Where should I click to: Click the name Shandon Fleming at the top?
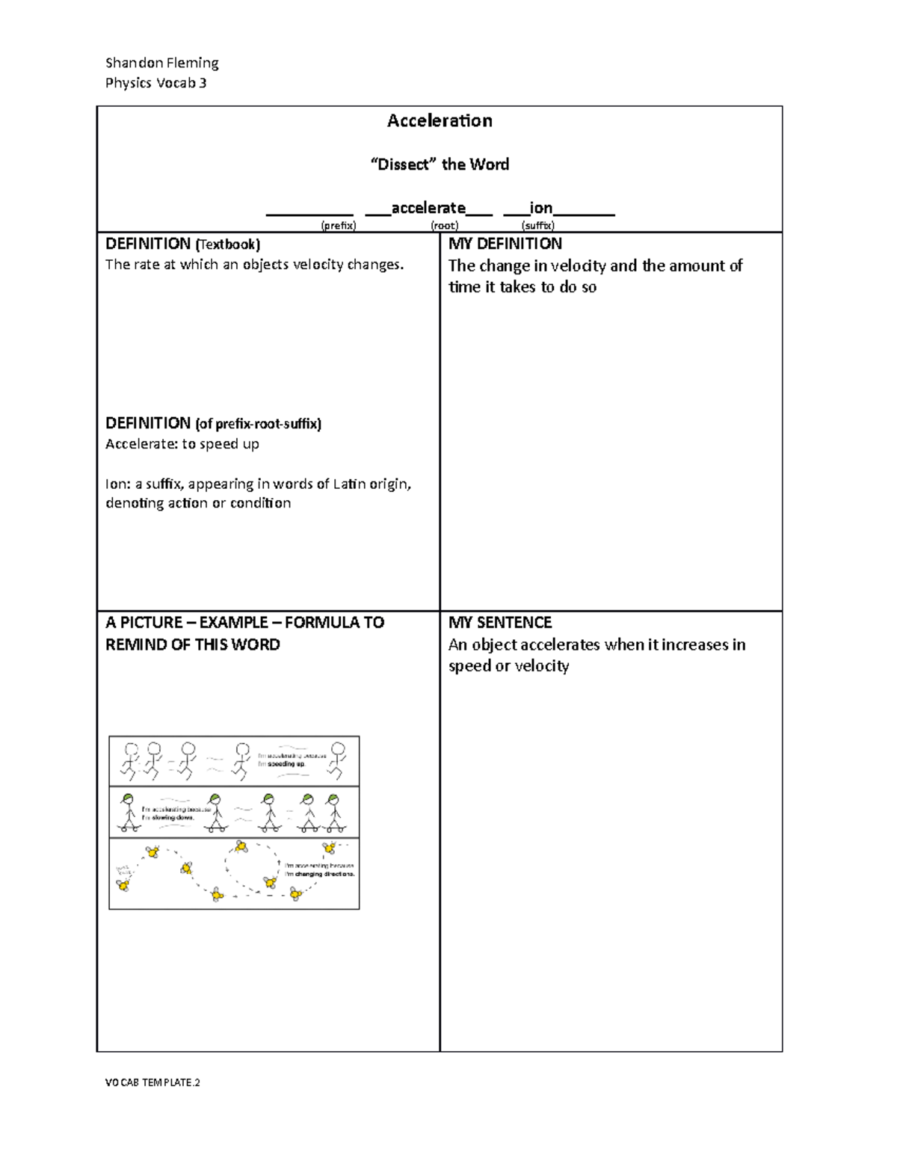click(x=161, y=63)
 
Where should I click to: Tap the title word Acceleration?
click(x=440, y=121)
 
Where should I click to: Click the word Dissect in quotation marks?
click(x=404, y=164)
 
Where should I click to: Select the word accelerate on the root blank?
click(x=428, y=208)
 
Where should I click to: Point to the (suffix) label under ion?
click(x=537, y=225)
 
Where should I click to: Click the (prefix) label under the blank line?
click(x=338, y=225)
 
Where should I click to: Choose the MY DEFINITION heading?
click(x=505, y=244)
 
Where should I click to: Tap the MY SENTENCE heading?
click(x=499, y=623)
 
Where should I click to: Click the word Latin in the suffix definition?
click(x=349, y=484)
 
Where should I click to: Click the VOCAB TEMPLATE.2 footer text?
click(x=152, y=1083)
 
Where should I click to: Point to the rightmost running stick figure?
click(x=338, y=760)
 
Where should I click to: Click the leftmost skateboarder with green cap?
click(x=129, y=813)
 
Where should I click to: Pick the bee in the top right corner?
click(x=329, y=847)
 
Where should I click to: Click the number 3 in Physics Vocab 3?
click(x=203, y=83)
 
